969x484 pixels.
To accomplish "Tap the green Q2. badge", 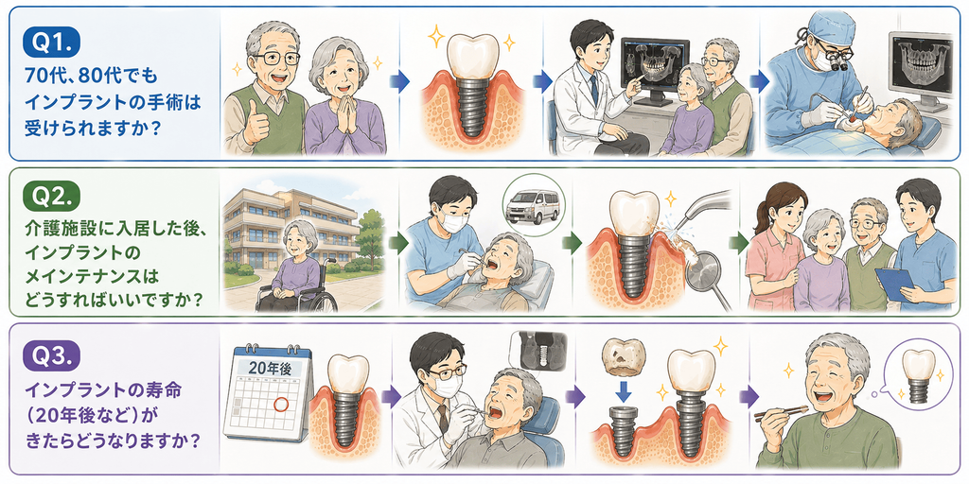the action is pyautogui.click(x=53, y=198).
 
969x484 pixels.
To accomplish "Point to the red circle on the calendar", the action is pyautogui.click(x=280, y=405).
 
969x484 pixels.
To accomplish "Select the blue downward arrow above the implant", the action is pyautogui.click(x=625, y=391).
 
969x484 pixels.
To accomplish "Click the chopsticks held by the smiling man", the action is pyautogui.click(x=781, y=412).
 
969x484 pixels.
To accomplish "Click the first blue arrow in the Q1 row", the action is pyautogui.click(x=400, y=81).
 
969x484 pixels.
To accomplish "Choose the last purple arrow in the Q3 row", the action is pyautogui.click(x=749, y=396).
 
